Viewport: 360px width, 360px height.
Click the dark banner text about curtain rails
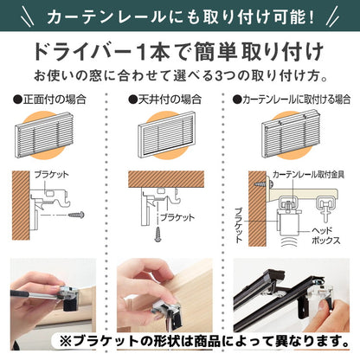(180, 17)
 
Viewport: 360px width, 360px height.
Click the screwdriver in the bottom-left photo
(35, 299)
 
